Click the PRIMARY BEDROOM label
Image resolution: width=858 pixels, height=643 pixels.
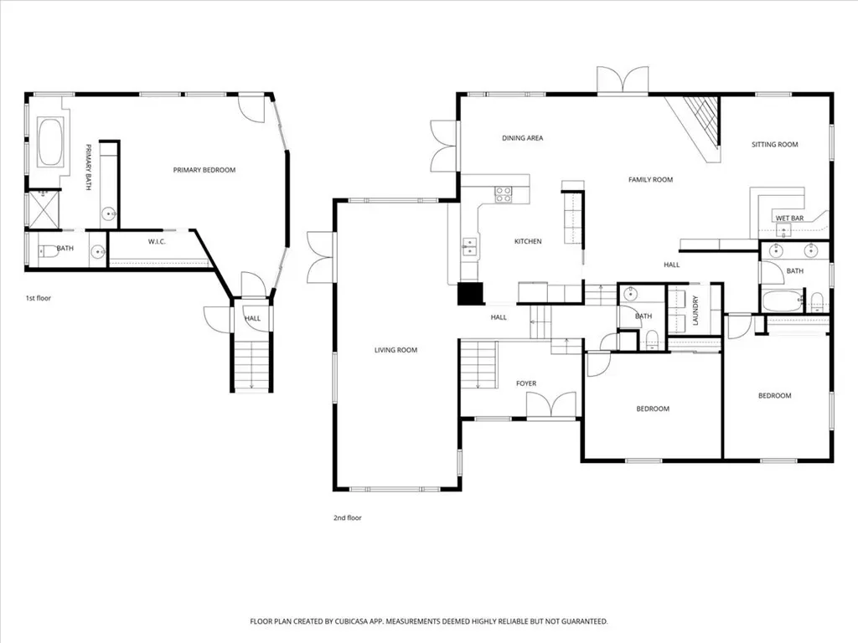pyautogui.click(x=204, y=170)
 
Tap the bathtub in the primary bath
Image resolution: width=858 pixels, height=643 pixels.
pyautogui.click(x=49, y=142)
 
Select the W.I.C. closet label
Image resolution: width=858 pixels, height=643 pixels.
pyautogui.click(x=157, y=242)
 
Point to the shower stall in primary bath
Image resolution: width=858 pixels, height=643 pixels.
pyautogui.click(x=44, y=208)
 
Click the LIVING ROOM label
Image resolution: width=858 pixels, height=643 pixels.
pyautogui.click(x=395, y=350)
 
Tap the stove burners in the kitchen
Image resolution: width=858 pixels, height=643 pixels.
pyautogui.click(x=504, y=194)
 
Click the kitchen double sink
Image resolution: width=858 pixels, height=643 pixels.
pyautogui.click(x=469, y=247)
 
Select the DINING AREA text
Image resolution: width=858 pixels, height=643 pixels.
pyautogui.click(x=523, y=138)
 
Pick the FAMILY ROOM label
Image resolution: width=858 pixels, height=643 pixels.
pyautogui.click(x=650, y=179)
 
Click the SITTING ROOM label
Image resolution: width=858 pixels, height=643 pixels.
pyautogui.click(x=775, y=144)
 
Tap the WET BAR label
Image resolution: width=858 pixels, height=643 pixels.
pyautogui.click(x=789, y=219)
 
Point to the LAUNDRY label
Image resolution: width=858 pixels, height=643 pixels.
pyautogui.click(x=695, y=311)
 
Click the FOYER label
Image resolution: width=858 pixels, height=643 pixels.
pyautogui.click(x=526, y=383)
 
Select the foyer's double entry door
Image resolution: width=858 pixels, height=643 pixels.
pyautogui.click(x=551, y=406)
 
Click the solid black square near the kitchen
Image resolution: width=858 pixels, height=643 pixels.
pyautogui.click(x=471, y=293)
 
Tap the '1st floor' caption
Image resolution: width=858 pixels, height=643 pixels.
pyautogui.click(x=39, y=298)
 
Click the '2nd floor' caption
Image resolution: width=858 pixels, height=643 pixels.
pyautogui.click(x=348, y=517)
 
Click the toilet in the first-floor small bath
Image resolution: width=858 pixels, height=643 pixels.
pyautogui.click(x=47, y=251)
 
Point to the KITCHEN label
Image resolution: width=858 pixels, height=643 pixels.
pyautogui.click(x=528, y=241)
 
